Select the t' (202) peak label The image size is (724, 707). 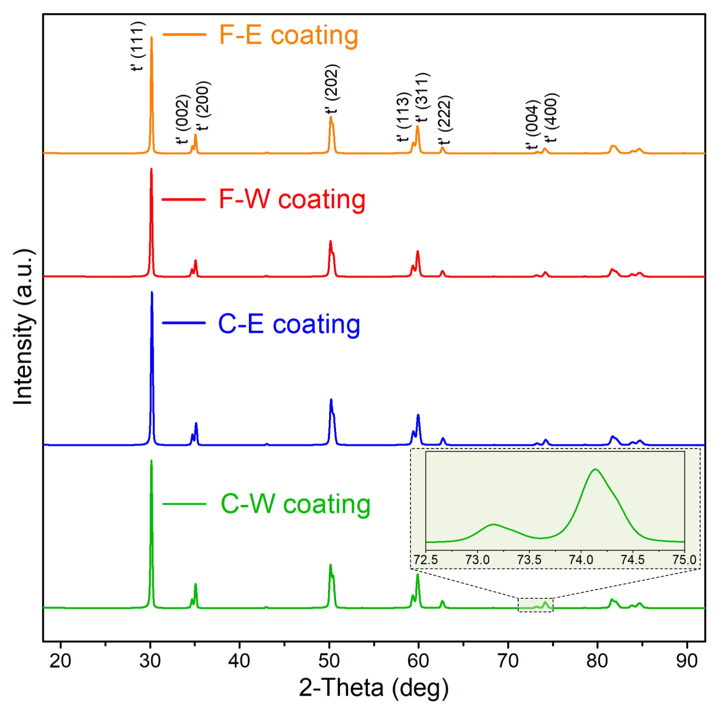[x=331, y=89]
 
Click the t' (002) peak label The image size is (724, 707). [x=182, y=120]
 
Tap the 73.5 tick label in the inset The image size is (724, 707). [x=529, y=560]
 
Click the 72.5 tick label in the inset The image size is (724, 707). [x=426, y=560]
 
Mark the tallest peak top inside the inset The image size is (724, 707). [x=595, y=470]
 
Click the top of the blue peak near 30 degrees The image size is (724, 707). [x=152, y=293]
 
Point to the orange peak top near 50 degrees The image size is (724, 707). [x=331, y=117]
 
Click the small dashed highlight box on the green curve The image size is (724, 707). [x=536, y=605]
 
